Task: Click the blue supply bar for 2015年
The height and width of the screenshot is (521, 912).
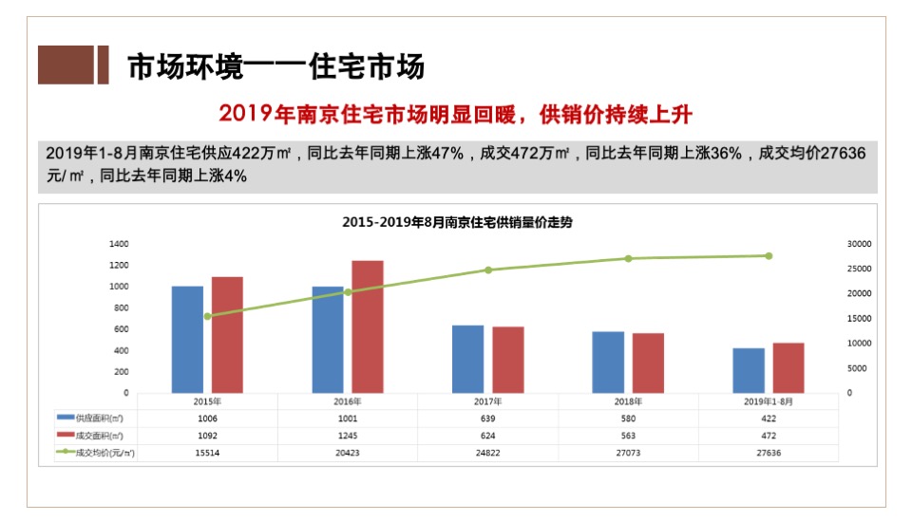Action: coord(187,339)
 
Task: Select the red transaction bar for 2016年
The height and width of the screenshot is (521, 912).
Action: coord(368,326)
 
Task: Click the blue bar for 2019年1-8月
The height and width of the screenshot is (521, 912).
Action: coord(749,370)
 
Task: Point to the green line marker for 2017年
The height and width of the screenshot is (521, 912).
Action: coord(488,270)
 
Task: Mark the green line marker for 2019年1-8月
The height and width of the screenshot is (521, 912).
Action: coord(769,255)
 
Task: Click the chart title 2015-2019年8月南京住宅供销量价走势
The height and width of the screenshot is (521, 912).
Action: coord(457,222)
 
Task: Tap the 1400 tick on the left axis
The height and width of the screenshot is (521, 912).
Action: coord(119,244)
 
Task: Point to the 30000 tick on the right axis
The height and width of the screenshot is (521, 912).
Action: coord(858,244)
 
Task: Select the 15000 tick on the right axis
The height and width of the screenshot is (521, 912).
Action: coord(858,318)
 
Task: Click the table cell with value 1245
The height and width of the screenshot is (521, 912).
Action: coord(348,436)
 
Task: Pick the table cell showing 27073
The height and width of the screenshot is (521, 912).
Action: coord(628,454)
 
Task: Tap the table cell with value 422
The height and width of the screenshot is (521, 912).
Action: coord(768,418)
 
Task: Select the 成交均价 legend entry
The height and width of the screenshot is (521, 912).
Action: coord(96,454)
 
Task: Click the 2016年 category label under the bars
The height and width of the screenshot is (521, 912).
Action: coord(348,401)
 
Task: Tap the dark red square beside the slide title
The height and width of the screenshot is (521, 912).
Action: coord(66,65)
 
